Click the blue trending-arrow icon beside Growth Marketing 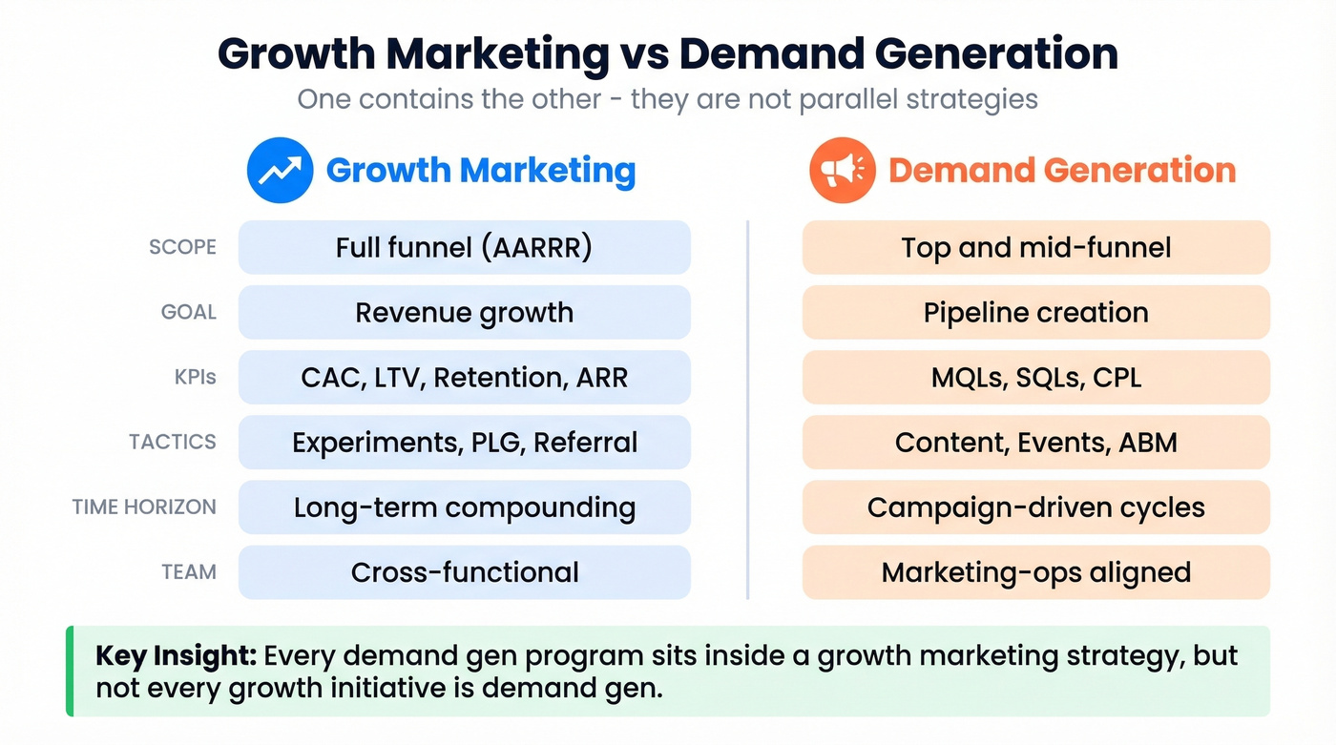point(280,171)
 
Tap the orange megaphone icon point(842,171)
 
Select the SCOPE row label point(182,247)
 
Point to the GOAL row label point(189,312)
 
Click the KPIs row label point(195,377)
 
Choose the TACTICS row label point(173,442)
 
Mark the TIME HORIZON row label point(144,507)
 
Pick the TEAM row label point(189,572)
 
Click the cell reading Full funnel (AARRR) point(464,248)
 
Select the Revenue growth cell point(464,313)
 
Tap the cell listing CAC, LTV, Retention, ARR point(464,378)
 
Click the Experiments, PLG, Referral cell point(464,443)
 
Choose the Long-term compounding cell point(464,507)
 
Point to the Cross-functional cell point(464,572)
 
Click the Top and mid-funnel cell point(1035,248)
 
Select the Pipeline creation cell point(1035,313)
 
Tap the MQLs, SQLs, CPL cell point(1035,378)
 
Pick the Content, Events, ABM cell point(1035,443)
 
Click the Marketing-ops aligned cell point(1035,572)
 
